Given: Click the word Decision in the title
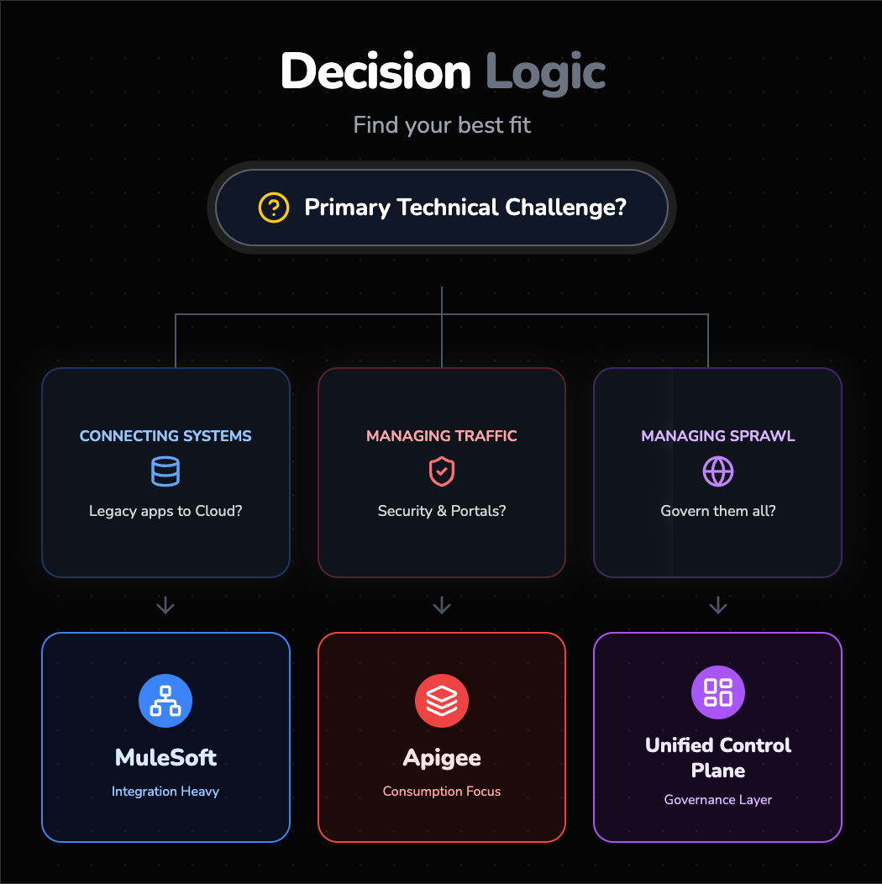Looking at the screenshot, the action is [375, 71].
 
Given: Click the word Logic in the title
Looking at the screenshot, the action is [545, 71].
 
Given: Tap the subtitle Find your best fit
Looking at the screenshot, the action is [442, 126].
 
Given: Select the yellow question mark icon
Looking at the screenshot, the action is [273, 208].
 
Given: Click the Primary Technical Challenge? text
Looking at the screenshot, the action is [465, 208].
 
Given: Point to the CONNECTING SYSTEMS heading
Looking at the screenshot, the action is [165, 436].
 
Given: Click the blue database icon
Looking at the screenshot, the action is [165, 472].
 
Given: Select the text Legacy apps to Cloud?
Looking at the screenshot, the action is [165, 511].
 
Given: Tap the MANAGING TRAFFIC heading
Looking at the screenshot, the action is [442, 436].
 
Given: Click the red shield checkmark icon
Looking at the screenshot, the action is [442, 472].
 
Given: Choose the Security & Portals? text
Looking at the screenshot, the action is [442, 511].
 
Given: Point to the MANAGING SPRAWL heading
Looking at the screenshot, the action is [718, 436].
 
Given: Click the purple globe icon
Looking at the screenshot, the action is [718, 472].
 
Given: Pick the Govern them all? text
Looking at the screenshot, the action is [718, 511].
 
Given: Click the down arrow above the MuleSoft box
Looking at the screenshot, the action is [165, 605].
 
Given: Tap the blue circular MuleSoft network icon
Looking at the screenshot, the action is [165, 701].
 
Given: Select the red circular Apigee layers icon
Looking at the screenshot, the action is [442, 701].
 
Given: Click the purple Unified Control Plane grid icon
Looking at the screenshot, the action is [718, 692].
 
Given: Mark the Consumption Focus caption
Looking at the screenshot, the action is [442, 792].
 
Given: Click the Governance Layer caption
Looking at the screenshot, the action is [718, 800].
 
